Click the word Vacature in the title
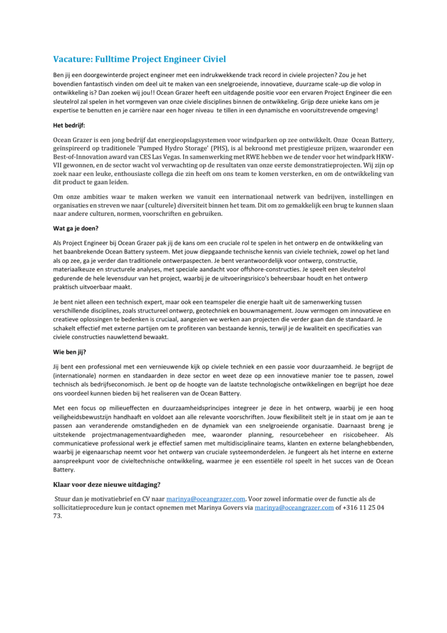pyautogui.click(x=73, y=59)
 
